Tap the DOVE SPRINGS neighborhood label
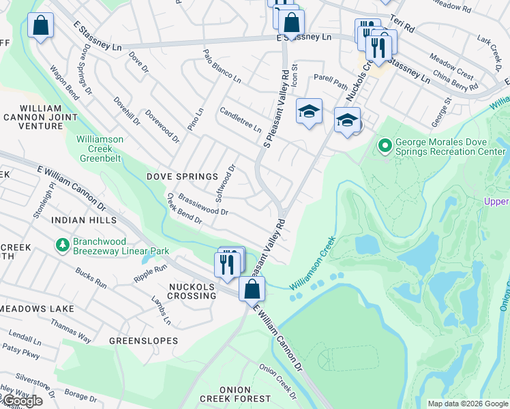pyautogui.click(x=182, y=177)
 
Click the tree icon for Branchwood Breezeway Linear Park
pyautogui.click(x=63, y=244)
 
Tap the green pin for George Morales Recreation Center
pyautogui.click(x=385, y=145)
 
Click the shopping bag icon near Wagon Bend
pyautogui.click(x=40, y=27)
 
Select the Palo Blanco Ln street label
pyautogui.click(x=222, y=65)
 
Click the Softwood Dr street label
pyautogui.click(x=225, y=183)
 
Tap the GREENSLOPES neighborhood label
pyautogui.click(x=144, y=340)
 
